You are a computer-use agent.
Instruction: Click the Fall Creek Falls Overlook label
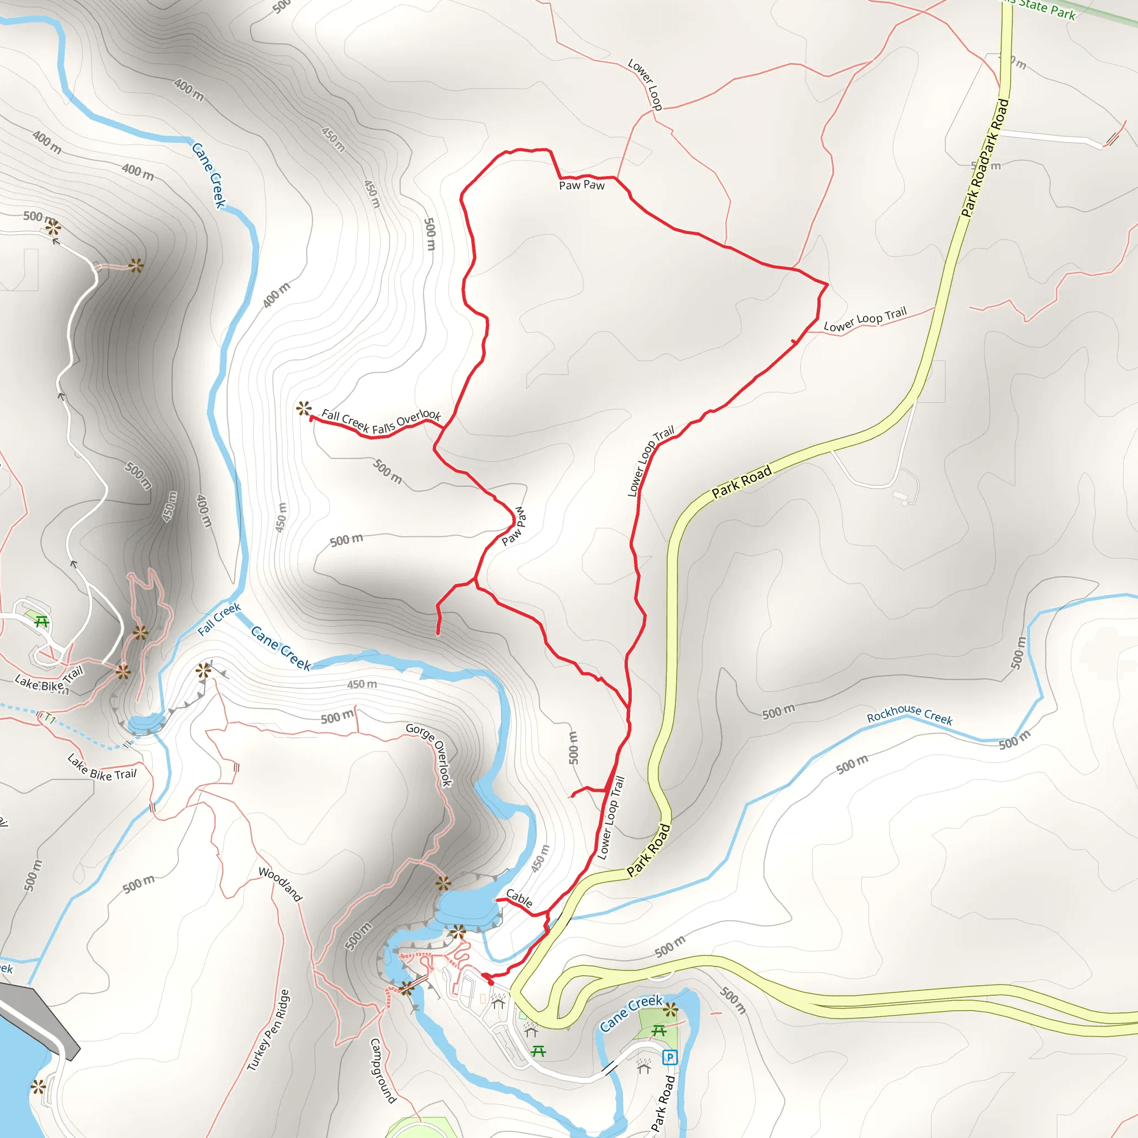[381, 421]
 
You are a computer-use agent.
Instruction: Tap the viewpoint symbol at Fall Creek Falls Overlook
[303, 408]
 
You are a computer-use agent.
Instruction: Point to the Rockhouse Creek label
[910, 715]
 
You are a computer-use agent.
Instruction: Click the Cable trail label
[519, 899]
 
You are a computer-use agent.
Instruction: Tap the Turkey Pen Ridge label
[268, 1030]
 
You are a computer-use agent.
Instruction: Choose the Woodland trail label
[281, 884]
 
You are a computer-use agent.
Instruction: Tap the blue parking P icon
[669, 1057]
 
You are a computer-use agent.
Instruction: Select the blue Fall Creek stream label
[219, 619]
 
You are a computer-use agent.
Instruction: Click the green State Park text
[1047, 9]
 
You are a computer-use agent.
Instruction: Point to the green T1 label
[49, 719]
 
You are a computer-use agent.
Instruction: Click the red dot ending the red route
[491, 982]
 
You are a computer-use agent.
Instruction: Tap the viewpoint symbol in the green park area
[670, 1011]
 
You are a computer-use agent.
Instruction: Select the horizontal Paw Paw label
[581, 185]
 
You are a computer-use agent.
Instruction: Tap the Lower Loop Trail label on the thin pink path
[865, 318]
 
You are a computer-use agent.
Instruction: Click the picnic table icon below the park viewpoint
[659, 1030]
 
